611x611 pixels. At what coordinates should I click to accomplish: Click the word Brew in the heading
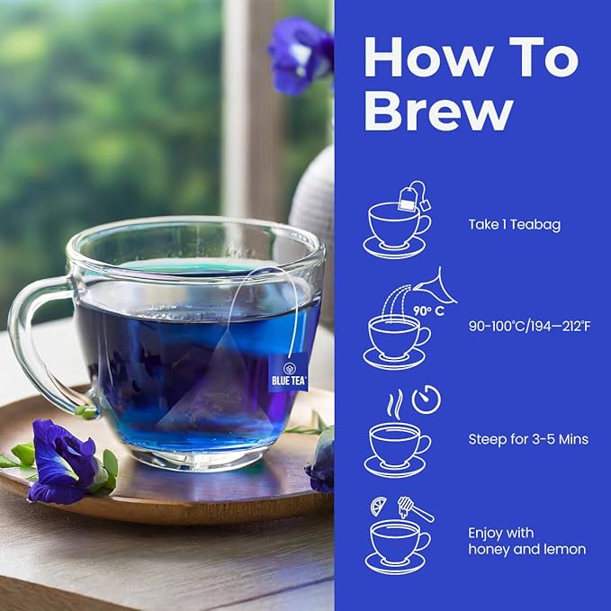(439, 113)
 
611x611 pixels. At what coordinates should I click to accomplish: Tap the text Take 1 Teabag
(514, 225)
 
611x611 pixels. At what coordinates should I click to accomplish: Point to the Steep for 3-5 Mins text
(527, 440)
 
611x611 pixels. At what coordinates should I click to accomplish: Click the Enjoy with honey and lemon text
(526, 540)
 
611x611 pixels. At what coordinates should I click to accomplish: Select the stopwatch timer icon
(426, 399)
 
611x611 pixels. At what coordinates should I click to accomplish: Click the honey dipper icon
(416, 509)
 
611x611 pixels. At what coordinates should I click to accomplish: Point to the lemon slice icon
(379, 507)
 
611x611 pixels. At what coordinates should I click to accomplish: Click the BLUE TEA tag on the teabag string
(288, 373)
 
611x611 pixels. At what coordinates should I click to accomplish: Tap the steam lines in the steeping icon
(395, 402)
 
